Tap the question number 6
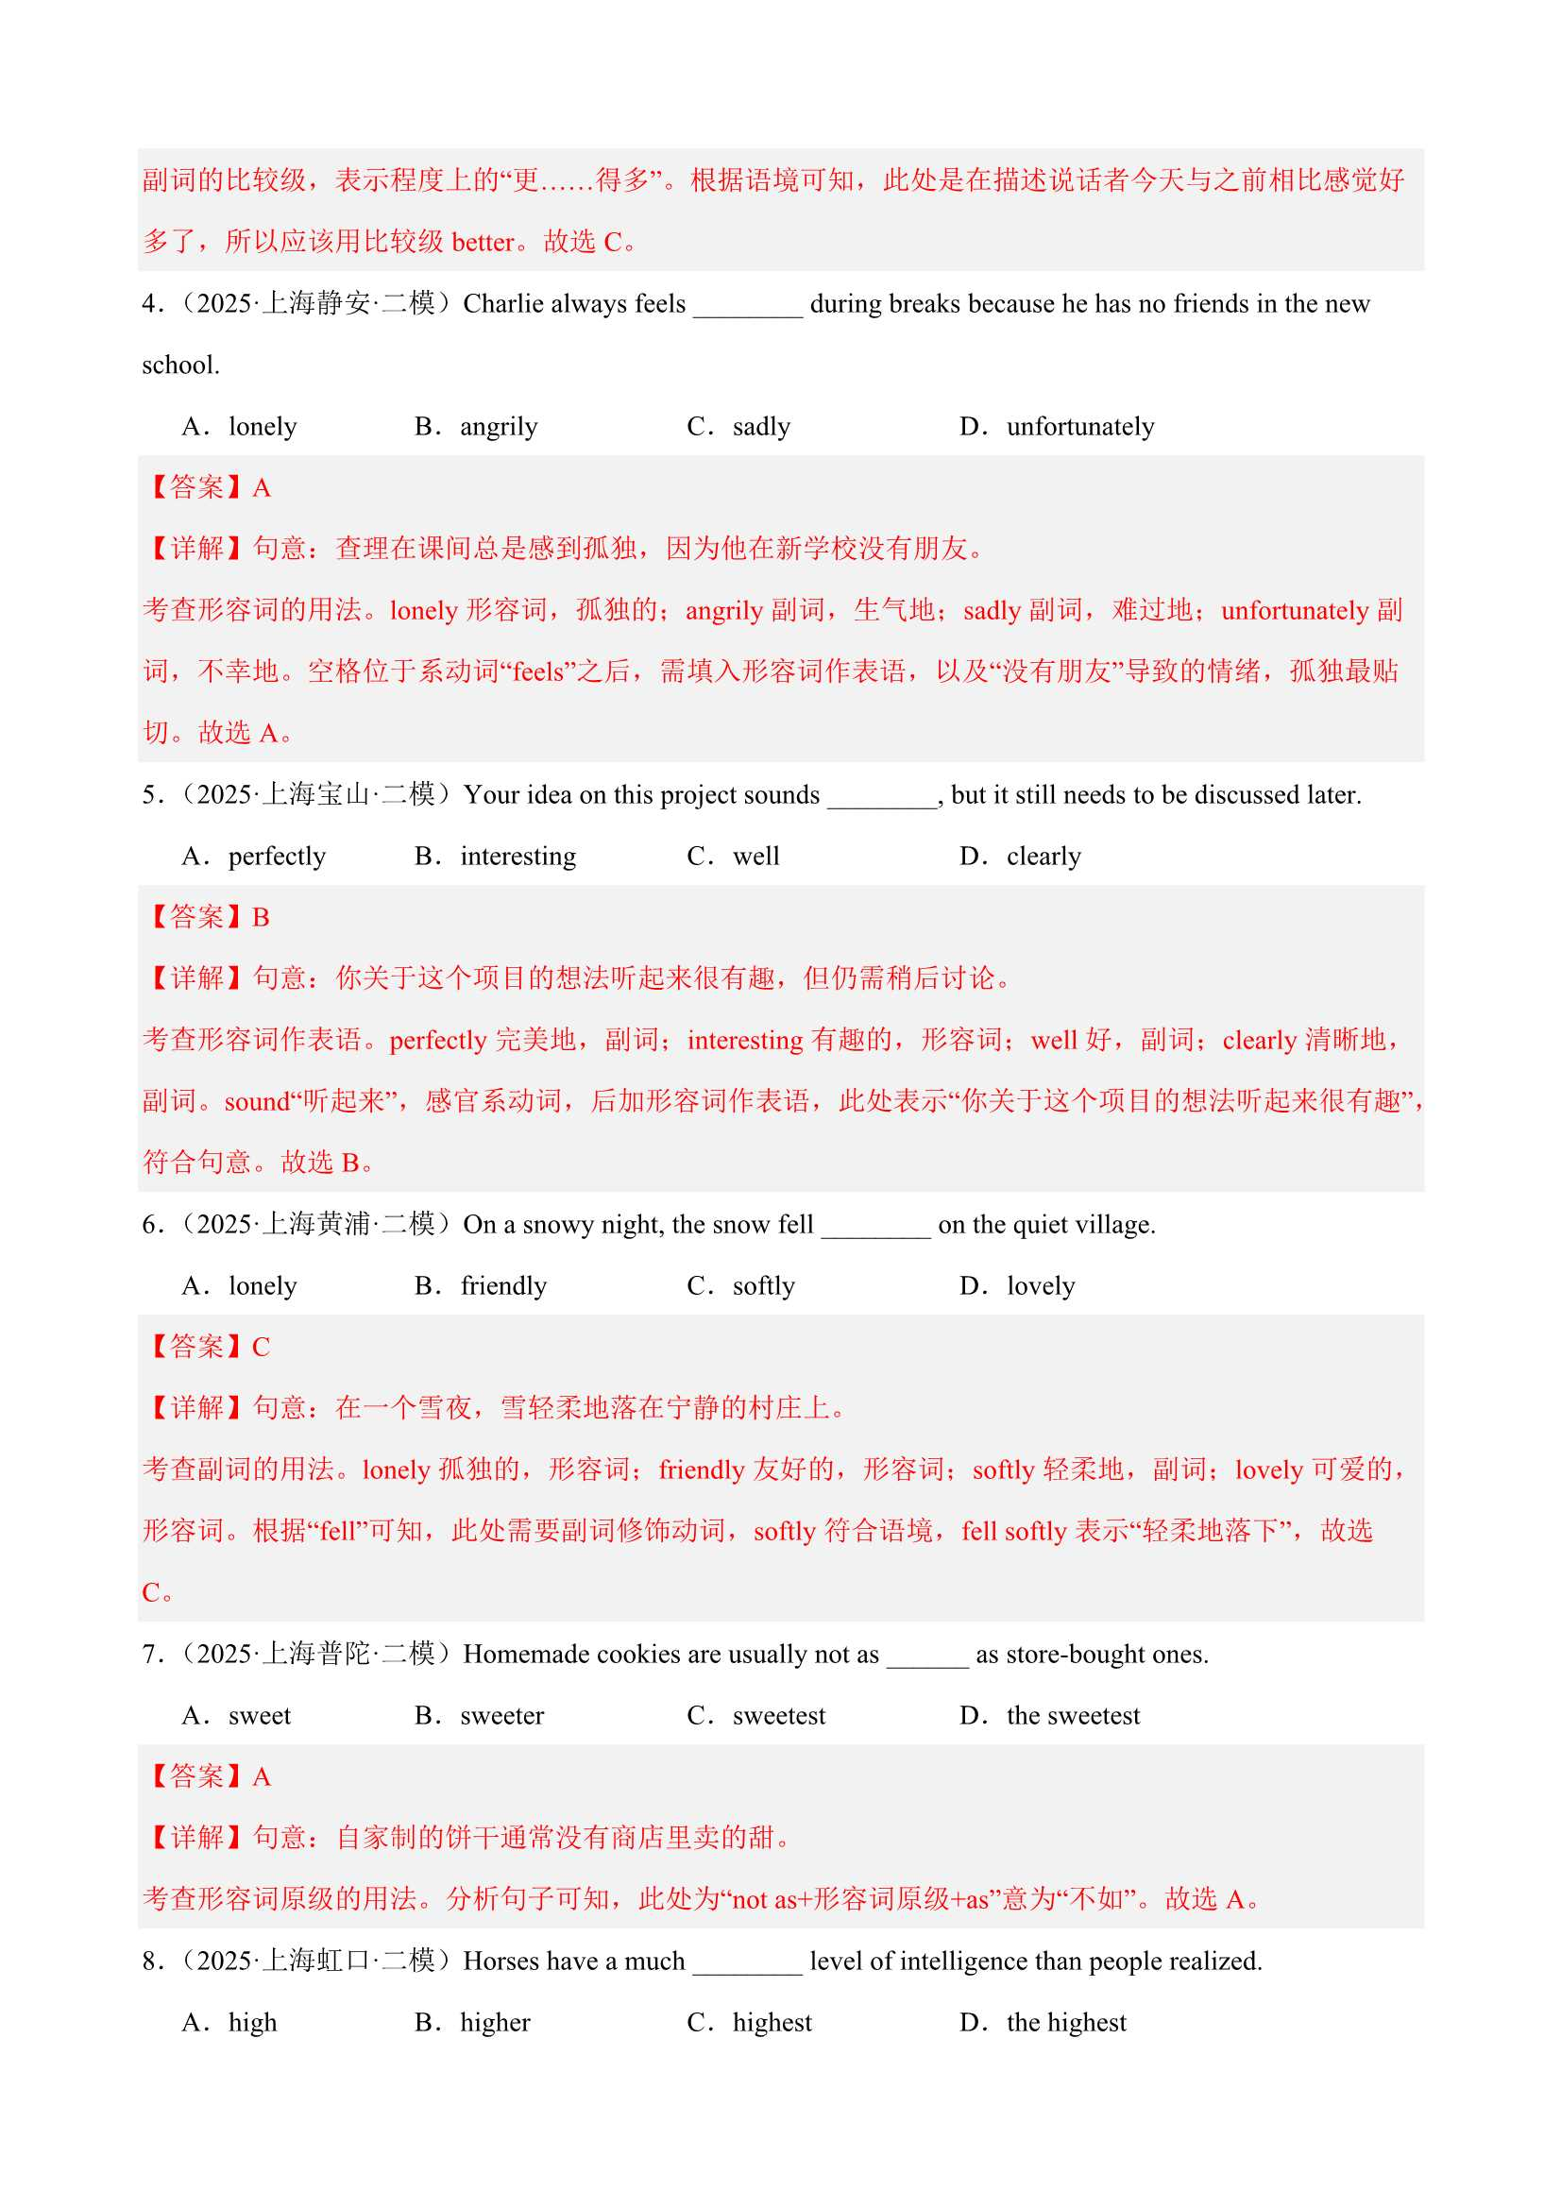[x=150, y=1225]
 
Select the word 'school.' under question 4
[x=180, y=365]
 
